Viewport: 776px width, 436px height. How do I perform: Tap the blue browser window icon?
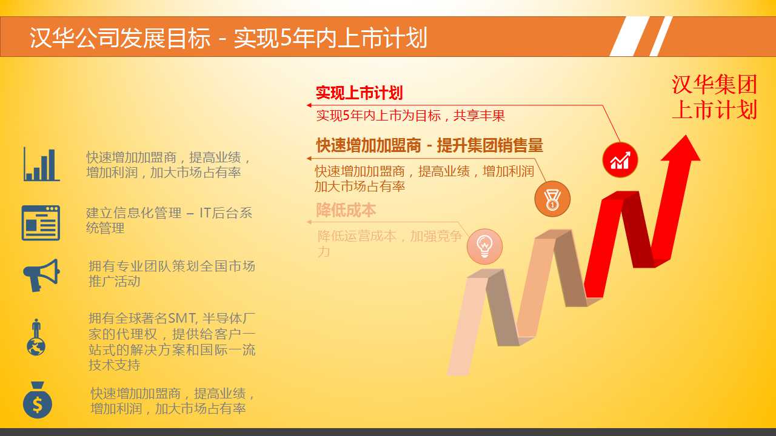41,223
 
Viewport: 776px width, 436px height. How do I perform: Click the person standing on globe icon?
36,337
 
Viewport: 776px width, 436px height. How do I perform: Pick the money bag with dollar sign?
38,400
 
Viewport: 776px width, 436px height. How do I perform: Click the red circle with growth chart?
620,160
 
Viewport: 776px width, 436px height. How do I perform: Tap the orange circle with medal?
552,199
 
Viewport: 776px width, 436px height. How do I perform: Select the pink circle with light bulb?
484,246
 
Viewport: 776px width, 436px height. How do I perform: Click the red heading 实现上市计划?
360,93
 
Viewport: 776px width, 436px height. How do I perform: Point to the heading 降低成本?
346,210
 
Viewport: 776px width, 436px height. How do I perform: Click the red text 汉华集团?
714,84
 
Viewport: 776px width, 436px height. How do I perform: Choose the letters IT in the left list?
205,213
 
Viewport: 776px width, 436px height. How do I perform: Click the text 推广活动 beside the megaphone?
115,281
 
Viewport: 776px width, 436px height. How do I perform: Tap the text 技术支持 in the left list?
115,365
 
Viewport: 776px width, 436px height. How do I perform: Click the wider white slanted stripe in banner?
629,36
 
